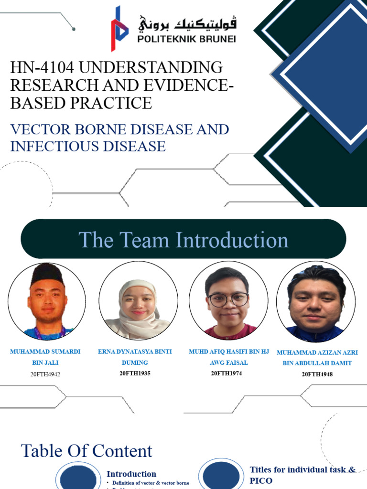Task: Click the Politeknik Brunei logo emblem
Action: [x=119, y=29]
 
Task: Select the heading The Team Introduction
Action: [x=183, y=240]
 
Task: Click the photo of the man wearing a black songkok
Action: [x=46, y=300]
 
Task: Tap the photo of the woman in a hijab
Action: [x=138, y=301]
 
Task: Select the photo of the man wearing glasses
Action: [x=228, y=301]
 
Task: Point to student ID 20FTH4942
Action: [x=45, y=374]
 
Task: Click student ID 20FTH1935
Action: [x=135, y=373]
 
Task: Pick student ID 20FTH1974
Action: [x=227, y=373]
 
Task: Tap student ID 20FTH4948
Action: [x=317, y=374]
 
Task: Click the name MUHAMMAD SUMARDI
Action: [x=45, y=351]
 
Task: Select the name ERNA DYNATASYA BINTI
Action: [x=135, y=351]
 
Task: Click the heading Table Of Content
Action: [x=86, y=451]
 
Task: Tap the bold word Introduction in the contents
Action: [x=131, y=474]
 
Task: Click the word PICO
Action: [x=261, y=481]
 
